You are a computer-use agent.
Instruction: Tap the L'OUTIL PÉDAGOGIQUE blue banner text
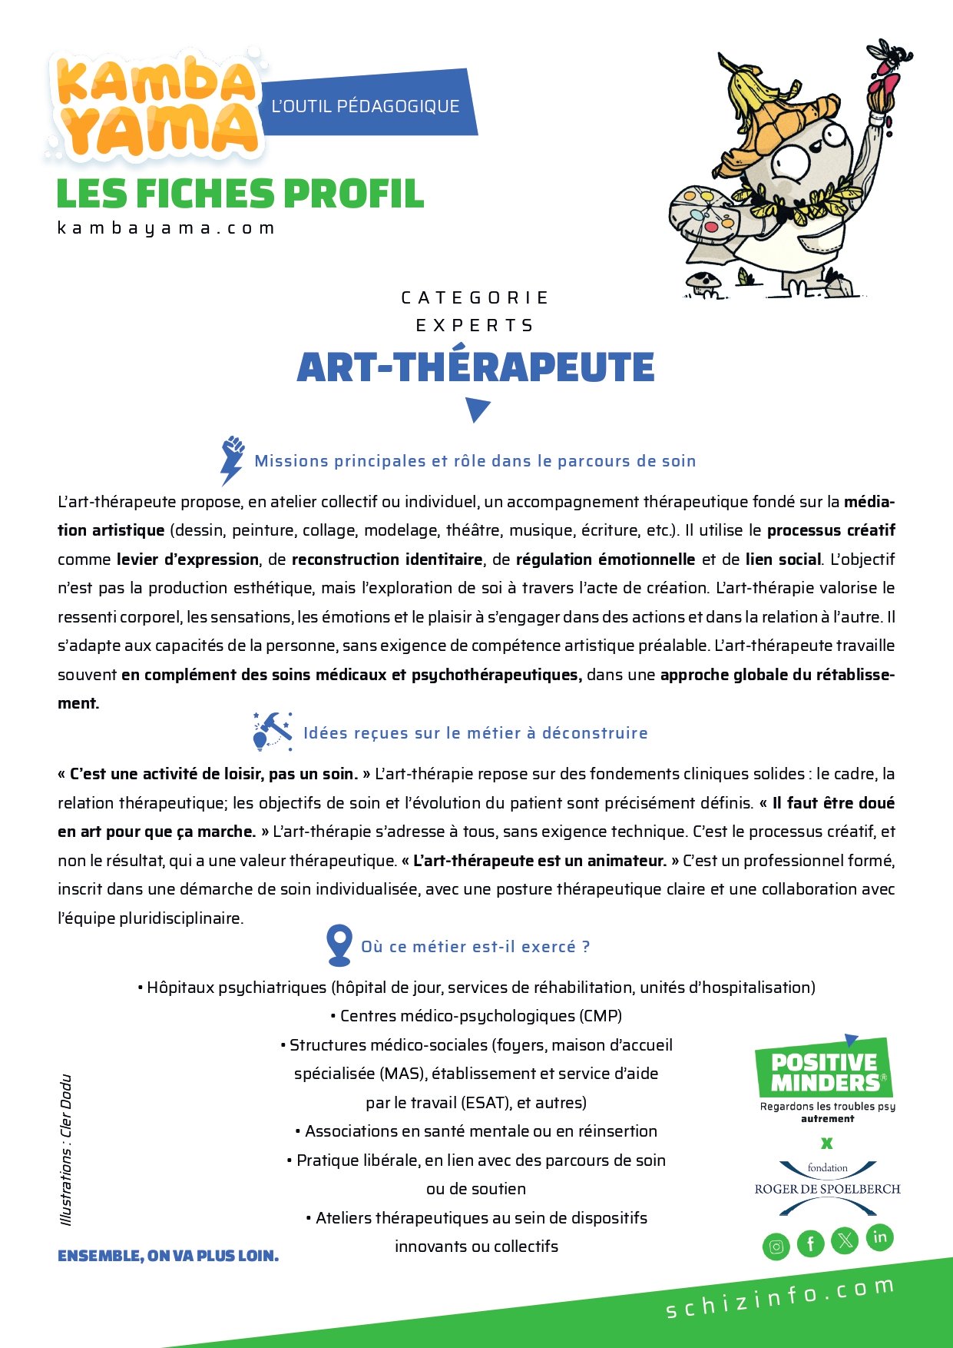click(x=366, y=106)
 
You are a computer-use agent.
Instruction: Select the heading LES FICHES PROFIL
click(x=240, y=194)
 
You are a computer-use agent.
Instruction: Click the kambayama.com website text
click(x=166, y=228)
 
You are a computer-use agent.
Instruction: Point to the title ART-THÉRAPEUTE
click(x=475, y=367)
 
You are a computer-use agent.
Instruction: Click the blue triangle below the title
click(x=477, y=410)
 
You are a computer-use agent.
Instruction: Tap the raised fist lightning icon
click(x=232, y=459)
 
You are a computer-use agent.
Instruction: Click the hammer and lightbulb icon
click(x=272, y=731)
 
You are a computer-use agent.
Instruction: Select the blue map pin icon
click(x=339, y=945)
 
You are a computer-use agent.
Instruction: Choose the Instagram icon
click(x=776, y=1246)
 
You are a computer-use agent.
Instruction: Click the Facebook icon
click(x=810, y=1243)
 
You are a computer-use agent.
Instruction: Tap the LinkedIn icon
click(x=880, y=1237)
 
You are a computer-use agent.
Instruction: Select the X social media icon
click(x=845, y=1240)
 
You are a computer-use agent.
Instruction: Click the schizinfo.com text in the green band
click(x=779, y=1298)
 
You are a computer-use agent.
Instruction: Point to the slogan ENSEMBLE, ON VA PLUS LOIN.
click(x=168, y=1256)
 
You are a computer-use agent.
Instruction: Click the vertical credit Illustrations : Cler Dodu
click(x=66, y=1150)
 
